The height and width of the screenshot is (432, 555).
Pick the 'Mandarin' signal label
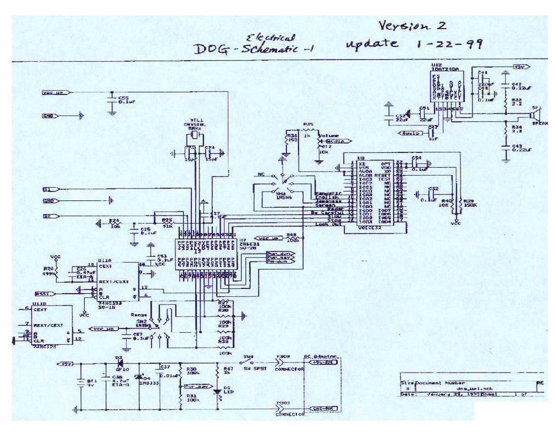point(322,194)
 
